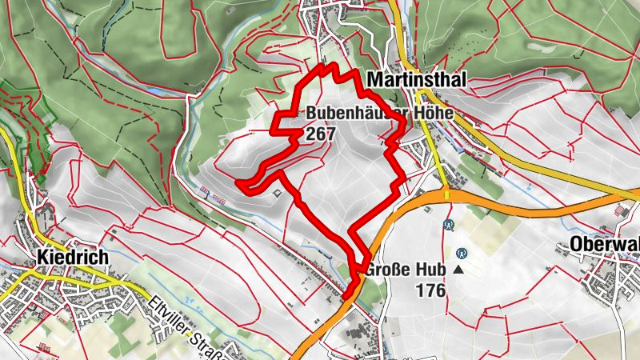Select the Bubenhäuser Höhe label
coord(379,114)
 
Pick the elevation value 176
coord(430,290)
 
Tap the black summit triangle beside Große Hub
coord(458,270)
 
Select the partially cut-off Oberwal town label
coord(605,245)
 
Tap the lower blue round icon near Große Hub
coord(461,250)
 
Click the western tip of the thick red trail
coord(238,183)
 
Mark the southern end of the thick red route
coord(345,298)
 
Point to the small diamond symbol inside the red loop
coord(278,191)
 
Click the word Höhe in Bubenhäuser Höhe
coord(432,114)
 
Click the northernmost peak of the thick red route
coord(325,66)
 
